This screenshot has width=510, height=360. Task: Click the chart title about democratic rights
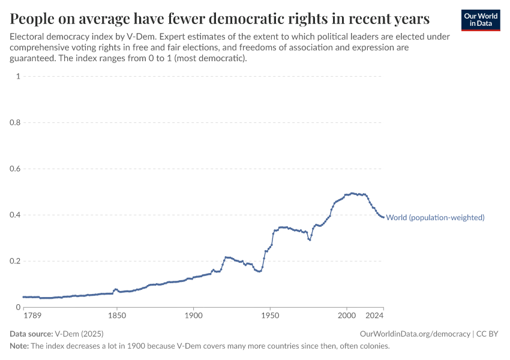pos(220,18)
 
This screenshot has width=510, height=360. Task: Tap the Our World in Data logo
pos(480,20)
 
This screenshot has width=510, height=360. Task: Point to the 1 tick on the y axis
pos(19,76)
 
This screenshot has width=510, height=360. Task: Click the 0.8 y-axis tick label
pos(15,122)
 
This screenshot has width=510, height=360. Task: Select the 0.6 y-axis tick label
pos(15,169)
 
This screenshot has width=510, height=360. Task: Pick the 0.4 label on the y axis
pos(15,215)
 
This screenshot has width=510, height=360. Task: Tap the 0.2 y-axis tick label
pos(15,261)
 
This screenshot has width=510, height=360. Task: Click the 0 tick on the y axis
pos(19,307)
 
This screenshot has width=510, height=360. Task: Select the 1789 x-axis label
pos(32,316)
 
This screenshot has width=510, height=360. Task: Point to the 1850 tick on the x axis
pos(116,316)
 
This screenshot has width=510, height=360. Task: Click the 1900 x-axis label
pos(193,316)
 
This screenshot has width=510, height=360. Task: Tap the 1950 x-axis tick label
pos(270,316)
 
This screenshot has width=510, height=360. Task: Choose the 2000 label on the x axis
pos(347,316)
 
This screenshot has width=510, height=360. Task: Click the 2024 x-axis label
pos(374,316)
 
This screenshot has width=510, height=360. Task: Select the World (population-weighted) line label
pos(435,218)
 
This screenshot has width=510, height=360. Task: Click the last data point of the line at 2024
pos(383,217)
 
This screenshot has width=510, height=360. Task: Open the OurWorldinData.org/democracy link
pos(415,334)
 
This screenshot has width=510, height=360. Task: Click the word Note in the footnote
pos(19,346)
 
